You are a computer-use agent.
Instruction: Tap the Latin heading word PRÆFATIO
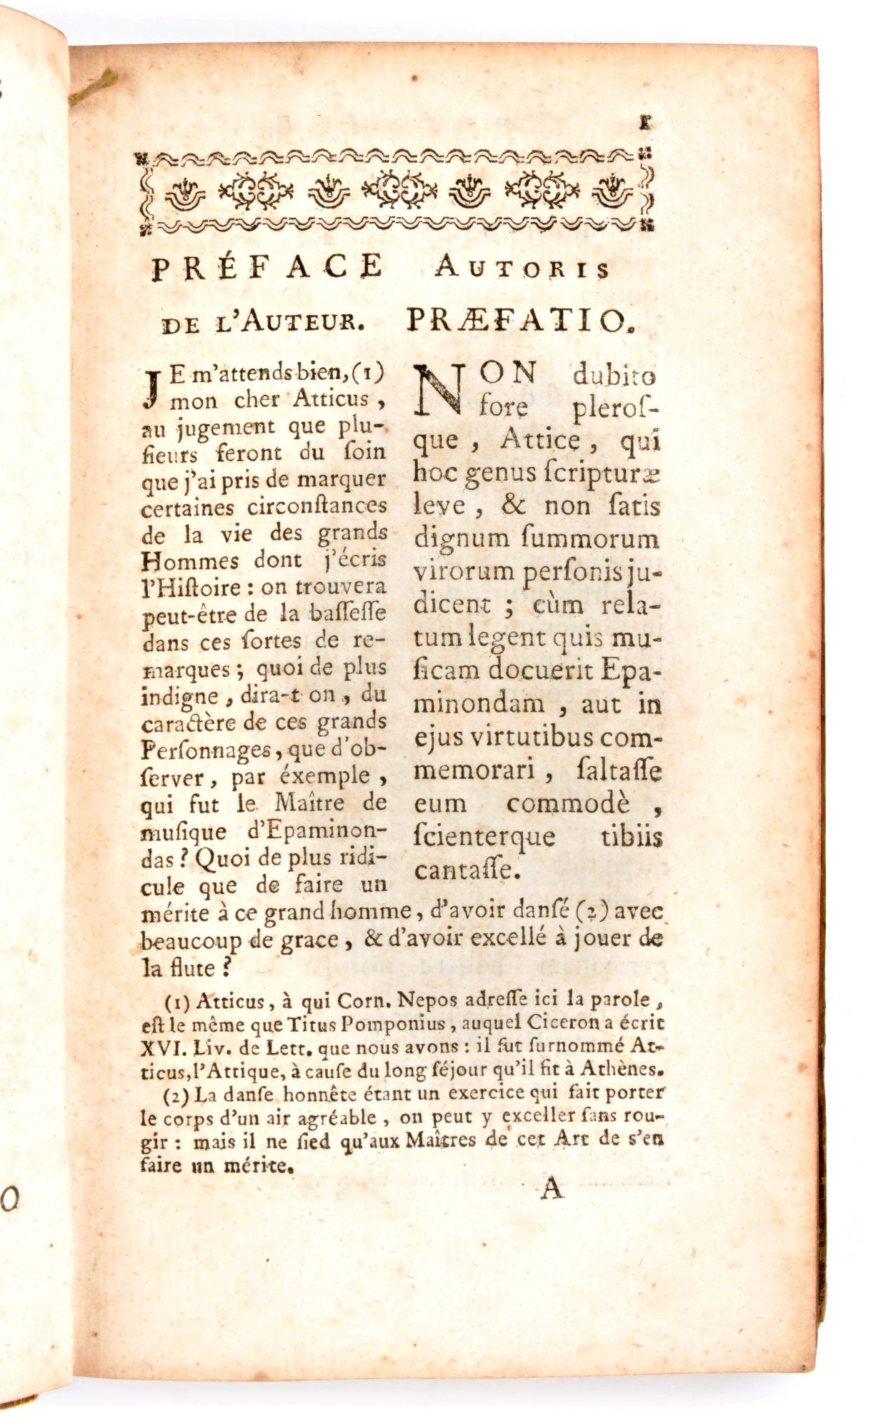tap(519, 321)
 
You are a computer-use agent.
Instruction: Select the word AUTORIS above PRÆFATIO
tap(522, 268)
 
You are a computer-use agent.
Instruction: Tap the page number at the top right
tap(646, 123)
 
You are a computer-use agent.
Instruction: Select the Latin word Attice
tap(539, 440)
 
